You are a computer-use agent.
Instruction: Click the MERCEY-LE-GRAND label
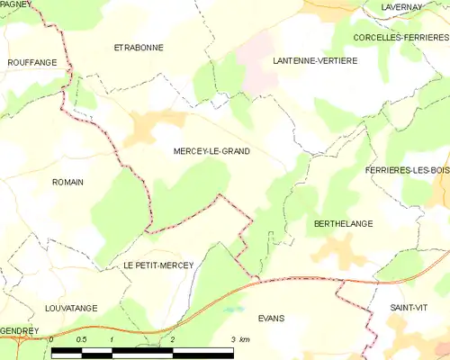211,151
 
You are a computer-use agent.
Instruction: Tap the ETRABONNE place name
138,47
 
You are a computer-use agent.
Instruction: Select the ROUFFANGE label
31,62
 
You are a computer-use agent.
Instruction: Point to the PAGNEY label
15,4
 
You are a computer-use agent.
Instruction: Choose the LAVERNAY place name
401,7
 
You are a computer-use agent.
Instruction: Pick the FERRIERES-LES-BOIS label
407,170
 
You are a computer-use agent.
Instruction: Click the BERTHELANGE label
343,222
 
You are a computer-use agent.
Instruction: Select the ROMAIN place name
67,182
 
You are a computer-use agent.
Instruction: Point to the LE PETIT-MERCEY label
152,265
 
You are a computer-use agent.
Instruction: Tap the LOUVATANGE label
70,308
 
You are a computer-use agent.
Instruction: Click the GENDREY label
19,330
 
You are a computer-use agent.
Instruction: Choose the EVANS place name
271,319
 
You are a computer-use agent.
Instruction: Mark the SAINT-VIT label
409,308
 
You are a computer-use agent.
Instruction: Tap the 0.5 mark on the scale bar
81,339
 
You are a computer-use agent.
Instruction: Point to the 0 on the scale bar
52,339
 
